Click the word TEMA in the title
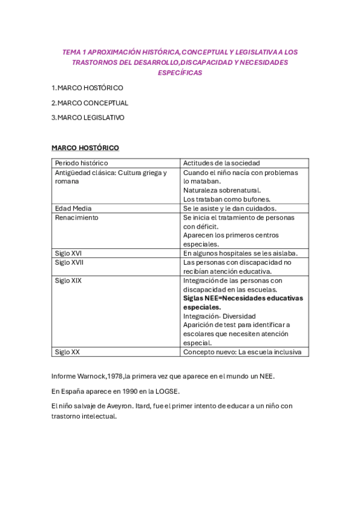[x=72, y=52]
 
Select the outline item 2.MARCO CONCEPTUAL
[x=90, y=103]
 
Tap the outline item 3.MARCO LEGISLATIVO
[x=88, y=118]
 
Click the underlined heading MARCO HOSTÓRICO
[x=85, y=148]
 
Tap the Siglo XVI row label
[x=68, y=253]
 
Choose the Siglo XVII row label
[x=69, y=262]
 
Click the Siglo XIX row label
[x=68, y=280]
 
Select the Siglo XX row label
[x=67, y=352]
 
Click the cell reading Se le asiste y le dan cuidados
[x=230, y=208]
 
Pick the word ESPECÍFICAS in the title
[x=180, y=73]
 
